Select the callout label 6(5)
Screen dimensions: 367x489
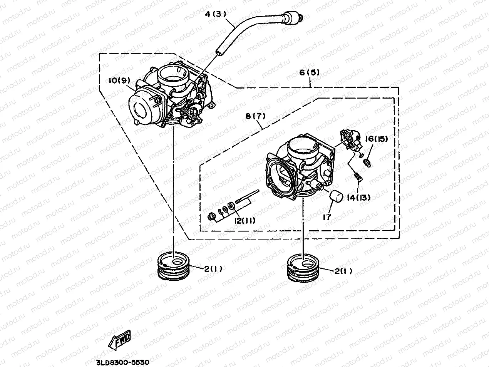(x=310, y=72)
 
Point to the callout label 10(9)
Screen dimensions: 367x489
(x=119, y=80)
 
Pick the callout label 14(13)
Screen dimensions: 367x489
(x=358, y=198)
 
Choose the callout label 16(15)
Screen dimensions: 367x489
(x=376, y=139)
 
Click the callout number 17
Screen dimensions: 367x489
(x=327, y=217)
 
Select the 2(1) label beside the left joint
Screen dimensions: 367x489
(x=213, y=269)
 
